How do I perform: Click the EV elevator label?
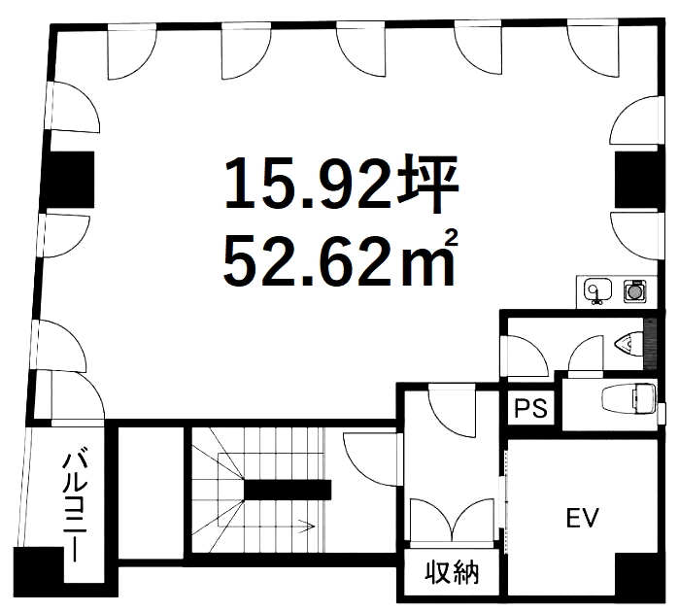[x=583, y=518]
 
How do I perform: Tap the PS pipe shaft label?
[x=531, y=408]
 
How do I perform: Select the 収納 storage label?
[x=452, y=573]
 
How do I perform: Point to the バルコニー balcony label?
[x=72, y=507]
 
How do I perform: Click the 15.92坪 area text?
[x=342, y=184]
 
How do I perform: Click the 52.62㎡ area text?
[x=340, y=259]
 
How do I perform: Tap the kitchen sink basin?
[x=597, y=289]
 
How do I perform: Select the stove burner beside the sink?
[x=635, y=290]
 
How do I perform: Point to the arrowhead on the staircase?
[x=308, y=527]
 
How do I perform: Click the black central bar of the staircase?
[x=288, y=490]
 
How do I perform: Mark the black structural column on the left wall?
[x=68, y=180]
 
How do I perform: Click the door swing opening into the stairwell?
[x=371, y=459]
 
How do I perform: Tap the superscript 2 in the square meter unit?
[x=452, y=240]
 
